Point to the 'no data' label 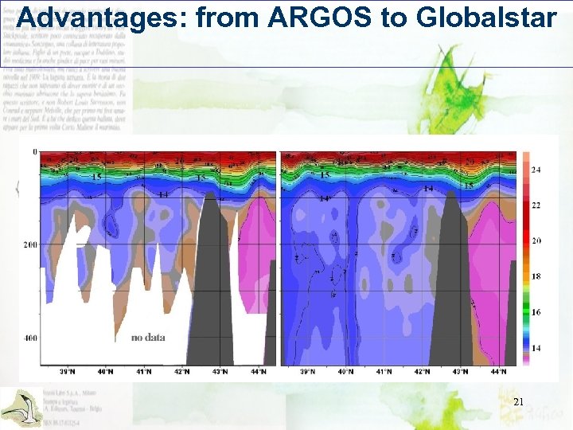click(x=148, y=337)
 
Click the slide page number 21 click(x=518, y=403)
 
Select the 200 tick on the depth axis click(x=30, y=244)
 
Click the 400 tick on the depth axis click(x=30, y=338)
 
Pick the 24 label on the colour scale click(x=536, y=170)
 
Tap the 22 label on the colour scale click(x=536, y=205)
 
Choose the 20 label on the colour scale click(x=536, y=240)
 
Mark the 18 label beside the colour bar click(x=536, y=276)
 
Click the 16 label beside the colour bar click(x=536, y=312)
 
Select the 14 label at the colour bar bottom click(x=536, y=348)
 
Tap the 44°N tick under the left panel click(x=259, y=371)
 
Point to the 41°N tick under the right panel click(x=384, y=371)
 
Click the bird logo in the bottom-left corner click(x=20, y=406)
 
